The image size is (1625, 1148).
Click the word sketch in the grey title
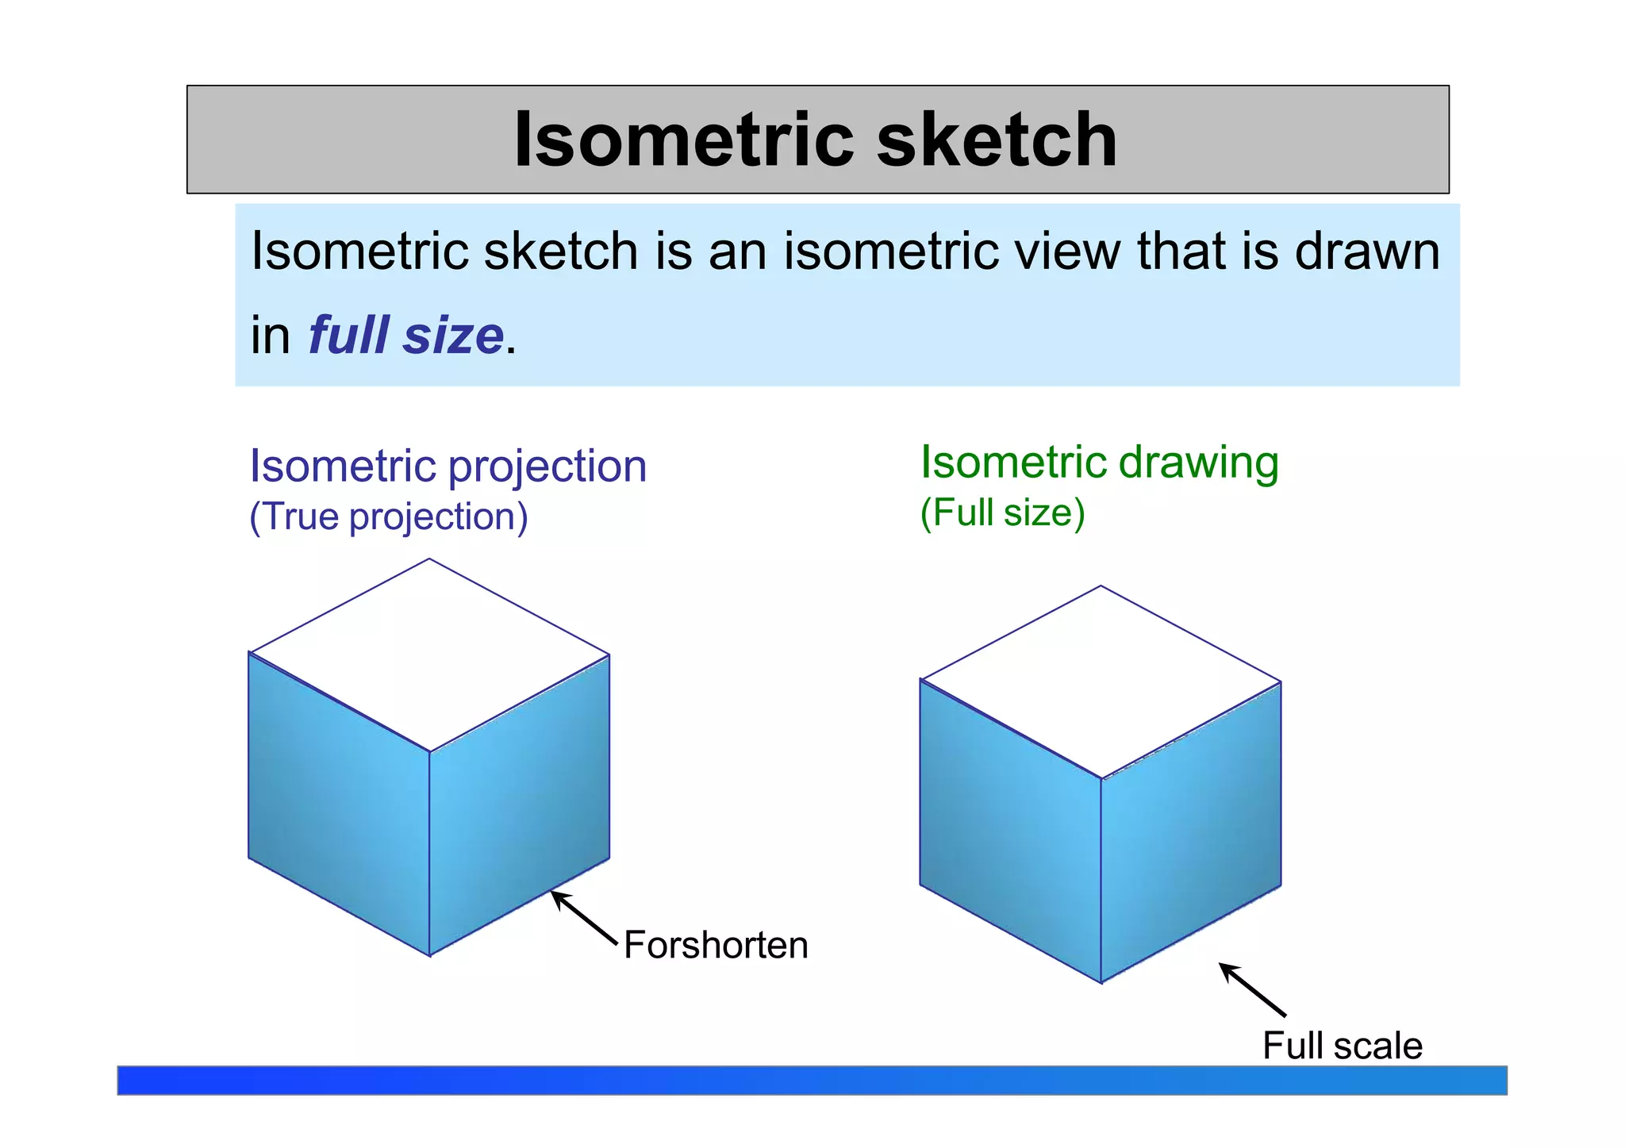point(997,140)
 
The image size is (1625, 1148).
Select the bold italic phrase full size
point(405,336)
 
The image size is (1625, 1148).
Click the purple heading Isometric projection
point(448,466)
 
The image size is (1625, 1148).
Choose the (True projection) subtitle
point(388,516)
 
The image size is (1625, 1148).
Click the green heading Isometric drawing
point(1099,463)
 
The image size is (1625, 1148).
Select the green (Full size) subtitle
point(1002,513)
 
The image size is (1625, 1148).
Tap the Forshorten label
point(716,945)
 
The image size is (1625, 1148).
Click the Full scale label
point(1342,1046)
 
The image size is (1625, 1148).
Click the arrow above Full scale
point(1252,989)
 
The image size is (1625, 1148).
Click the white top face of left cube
point(429,655)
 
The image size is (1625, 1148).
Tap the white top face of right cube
point(1101,682)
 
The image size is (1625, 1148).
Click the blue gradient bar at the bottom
point(812,1081)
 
